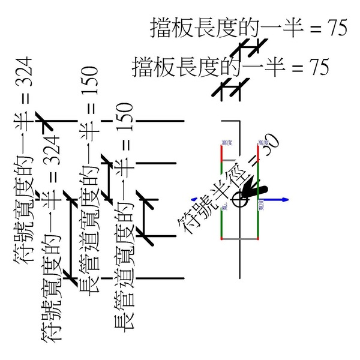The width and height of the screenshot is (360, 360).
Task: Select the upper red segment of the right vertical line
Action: [258, 154]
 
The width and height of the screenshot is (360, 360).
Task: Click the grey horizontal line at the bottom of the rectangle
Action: [240, 239]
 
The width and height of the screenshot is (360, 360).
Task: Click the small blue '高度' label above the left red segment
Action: [226, 143]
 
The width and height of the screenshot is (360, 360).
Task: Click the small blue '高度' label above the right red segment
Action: [263, 143]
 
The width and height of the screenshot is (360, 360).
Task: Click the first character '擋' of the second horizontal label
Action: [143, 67]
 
